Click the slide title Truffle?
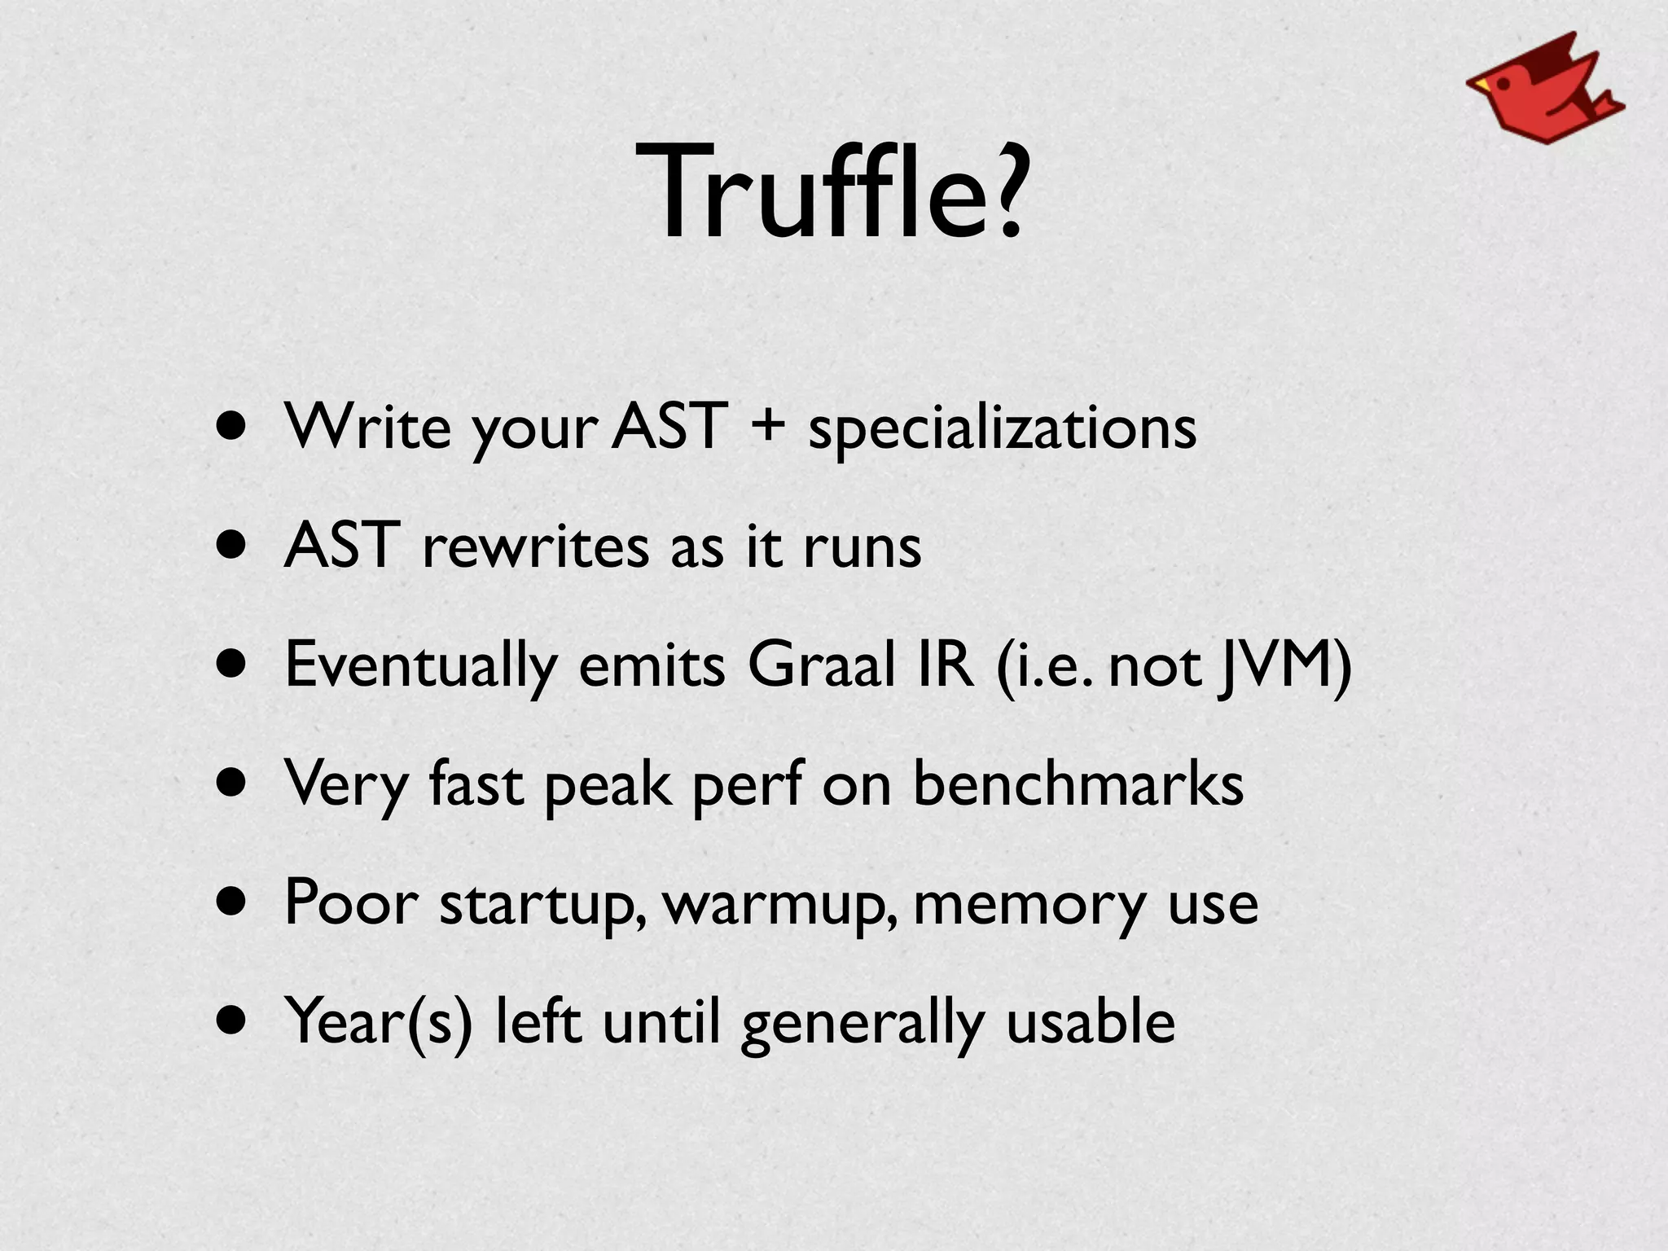point(834,192)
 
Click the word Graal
point(821,665)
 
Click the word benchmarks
point(1078,784)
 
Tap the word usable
point(1091,1021)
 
